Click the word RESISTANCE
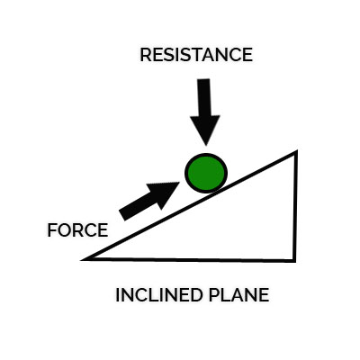coord(196,55)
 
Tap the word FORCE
coord(77,230)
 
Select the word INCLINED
coord(158,295)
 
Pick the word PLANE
coord(238,295)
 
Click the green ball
coord(206,173)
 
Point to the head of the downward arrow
coord(205,130)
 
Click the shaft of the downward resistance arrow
coord(204,97)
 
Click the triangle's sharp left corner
coord(82,259)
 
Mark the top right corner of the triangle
coord(296,151)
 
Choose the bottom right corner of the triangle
coord(295,261)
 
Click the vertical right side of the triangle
coord(295,206)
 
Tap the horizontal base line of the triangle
coord(189,259)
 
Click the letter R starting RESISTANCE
coord(146,55)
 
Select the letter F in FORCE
coord(51,230)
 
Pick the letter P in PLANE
coord(213,295)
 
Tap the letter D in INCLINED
coord(194,295)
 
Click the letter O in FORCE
coord(65,230)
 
